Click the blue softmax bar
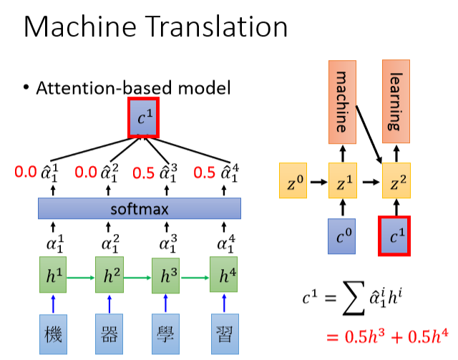point(139,208)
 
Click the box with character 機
point(52,334)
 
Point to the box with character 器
point(109,334)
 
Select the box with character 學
point(166,334)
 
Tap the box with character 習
point(224,334)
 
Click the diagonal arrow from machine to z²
point(369,126)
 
